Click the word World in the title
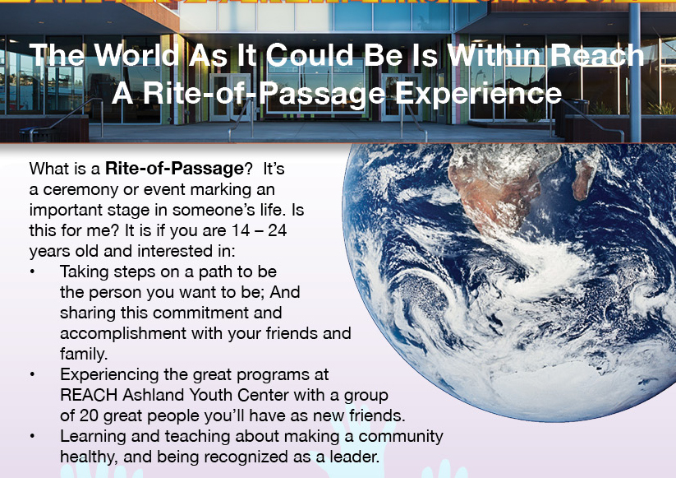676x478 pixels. click(136, 55)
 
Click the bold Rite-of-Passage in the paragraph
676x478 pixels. click(175, 169)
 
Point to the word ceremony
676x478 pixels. click(80, 190)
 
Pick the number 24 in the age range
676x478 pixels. click(277, 230)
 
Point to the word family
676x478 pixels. click(84, 354)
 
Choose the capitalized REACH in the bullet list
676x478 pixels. click(89, 395)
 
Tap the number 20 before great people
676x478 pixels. click(89, 415)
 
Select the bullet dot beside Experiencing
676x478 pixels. click(32, 374)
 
